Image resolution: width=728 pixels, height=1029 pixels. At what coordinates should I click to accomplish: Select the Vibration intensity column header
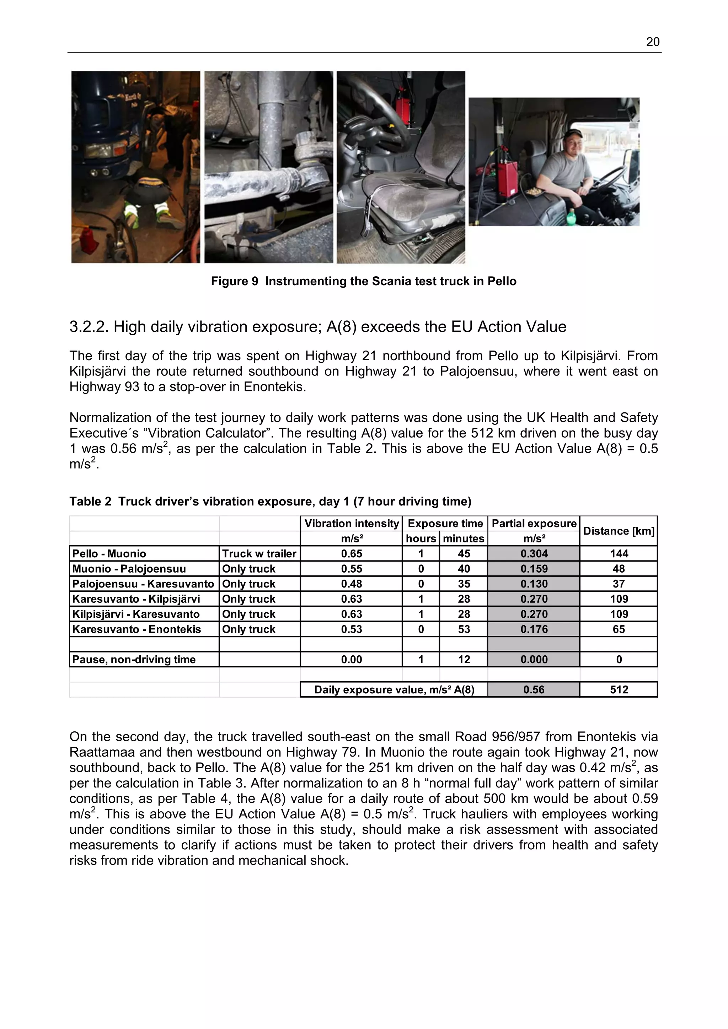pyautogui.click(x=351, y=524)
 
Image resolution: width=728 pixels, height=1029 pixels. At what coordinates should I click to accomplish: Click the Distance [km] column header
pyautogui.click(x=618, y=531)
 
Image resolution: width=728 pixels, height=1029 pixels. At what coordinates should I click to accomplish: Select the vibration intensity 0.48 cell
pyautogui.click(x=351, y=584)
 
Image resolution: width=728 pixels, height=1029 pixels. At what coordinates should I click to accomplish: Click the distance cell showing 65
pyautogui.click(x=618, y=629)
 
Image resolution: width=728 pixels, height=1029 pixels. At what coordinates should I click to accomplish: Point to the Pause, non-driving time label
pyautogui.click(x=134, y=659)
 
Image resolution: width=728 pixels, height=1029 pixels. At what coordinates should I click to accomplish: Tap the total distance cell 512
pyautogui.click(x=618, y=690)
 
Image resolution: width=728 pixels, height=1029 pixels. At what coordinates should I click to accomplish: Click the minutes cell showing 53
pyautogui.click(x=464, y=629)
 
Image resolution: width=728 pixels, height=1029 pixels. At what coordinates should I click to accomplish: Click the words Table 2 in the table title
pyautogui.click(x=90, y=501)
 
